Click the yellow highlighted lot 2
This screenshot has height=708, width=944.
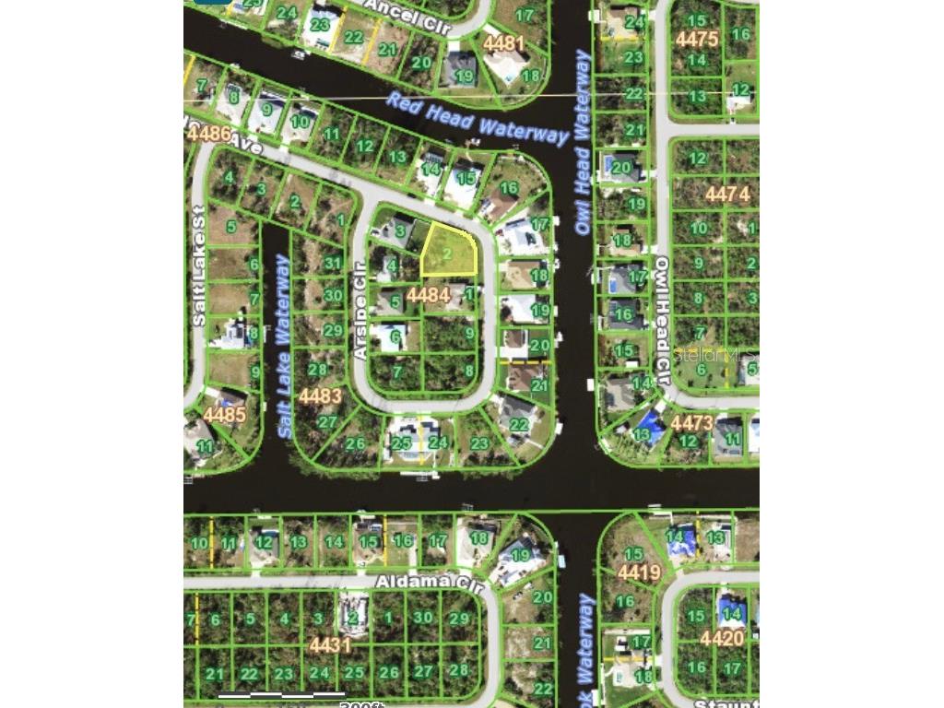click(449, 251)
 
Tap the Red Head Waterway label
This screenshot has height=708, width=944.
click(477, 118)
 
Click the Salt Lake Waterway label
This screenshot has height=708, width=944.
click(285, 347)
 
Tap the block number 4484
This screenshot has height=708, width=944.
click(428, 295)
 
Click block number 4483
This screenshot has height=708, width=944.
click(320, 396)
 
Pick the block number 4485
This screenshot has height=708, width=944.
click(225, 414)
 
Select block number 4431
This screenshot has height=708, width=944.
click(330, 644)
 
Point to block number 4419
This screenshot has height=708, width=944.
click(639, 572)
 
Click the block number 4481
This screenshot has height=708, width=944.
click(503, 42)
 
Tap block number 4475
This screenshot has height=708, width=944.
click(696, 39)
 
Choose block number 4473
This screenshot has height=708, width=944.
click(691, 423)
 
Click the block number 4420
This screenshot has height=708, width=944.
click(722, 638)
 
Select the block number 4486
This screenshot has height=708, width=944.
click(208, 133)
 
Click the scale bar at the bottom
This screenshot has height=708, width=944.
click(281, 694)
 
